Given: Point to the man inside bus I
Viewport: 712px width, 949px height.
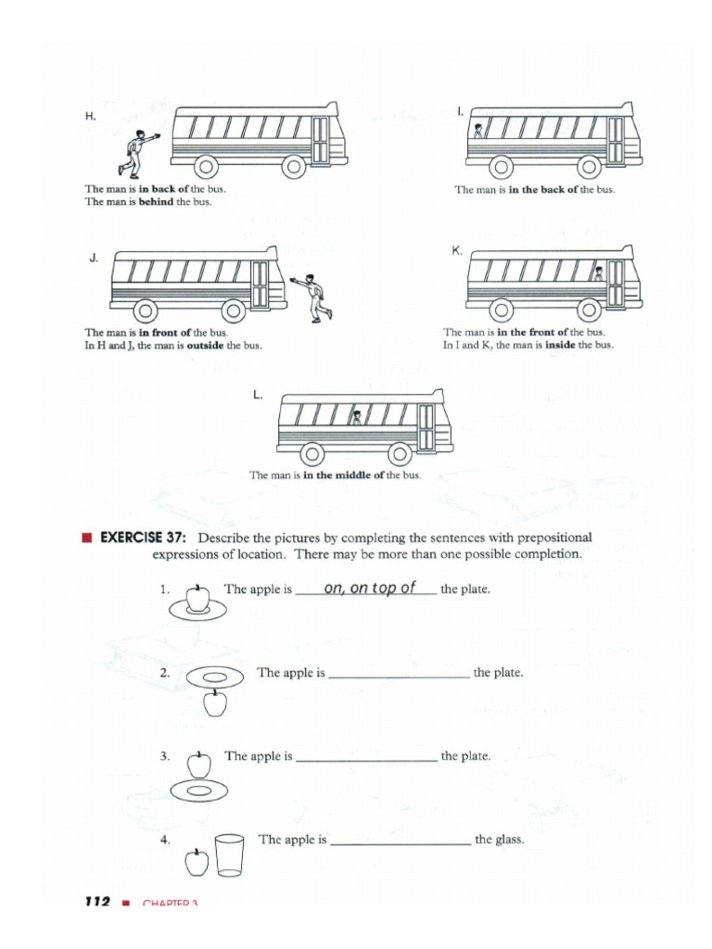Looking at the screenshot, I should pyautogui.click(x=478, y=131).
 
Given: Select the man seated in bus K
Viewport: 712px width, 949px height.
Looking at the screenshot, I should pyautogui.click(x=598, y=273).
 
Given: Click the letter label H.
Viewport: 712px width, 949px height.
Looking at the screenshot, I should pyautogui.click(x=91, y=117).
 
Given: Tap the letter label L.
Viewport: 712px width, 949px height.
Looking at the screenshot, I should pyautogui.click(x=257, y=395).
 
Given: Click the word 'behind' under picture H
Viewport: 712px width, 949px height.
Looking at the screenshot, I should pyautogui.click(x=156, y=202).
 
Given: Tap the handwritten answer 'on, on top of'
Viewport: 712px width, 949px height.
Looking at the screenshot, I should pyautogui.click(x=370, y=588).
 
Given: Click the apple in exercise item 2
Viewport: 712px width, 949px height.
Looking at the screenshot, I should pyautogui.click(x=214, y=704).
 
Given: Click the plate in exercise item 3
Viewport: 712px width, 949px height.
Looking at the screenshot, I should pyautogui.click(x=199, y=791).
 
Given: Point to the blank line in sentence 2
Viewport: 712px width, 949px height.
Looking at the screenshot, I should pyautogui.click(x=399, y=678).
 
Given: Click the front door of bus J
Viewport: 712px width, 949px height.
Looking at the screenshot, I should pyautogui.click(x=261, y=285).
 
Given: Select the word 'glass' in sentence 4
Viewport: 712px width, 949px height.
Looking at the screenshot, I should pyautogui.click(x=512, y=840).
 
